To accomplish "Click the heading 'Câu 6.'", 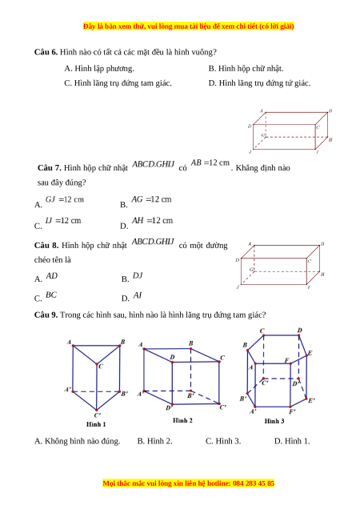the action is point(46,52).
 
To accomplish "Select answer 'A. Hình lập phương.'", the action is point(99,69).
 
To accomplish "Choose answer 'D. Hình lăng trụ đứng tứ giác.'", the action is point(259,83).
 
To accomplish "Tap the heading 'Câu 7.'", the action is point(50,168).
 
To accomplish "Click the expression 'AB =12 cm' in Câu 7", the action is point(210,162).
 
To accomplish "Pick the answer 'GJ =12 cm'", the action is point(65,199).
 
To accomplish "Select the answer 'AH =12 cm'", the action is point(152,220).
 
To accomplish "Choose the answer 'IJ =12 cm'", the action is point(63,220).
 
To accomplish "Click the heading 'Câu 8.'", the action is point(46,246).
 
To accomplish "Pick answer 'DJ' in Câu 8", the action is point(138,275).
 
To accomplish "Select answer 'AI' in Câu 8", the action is point(138,295).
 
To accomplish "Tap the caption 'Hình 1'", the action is point(96,424).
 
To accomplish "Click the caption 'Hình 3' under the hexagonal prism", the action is point(274,421).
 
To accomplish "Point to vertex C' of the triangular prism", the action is point(97,410).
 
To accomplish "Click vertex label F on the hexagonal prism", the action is point(286,360).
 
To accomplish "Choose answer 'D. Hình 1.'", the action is point(292,441).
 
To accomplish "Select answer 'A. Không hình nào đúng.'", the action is point(78,441).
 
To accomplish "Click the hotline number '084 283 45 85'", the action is point(254,483).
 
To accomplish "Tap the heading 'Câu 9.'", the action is point(46,315).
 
